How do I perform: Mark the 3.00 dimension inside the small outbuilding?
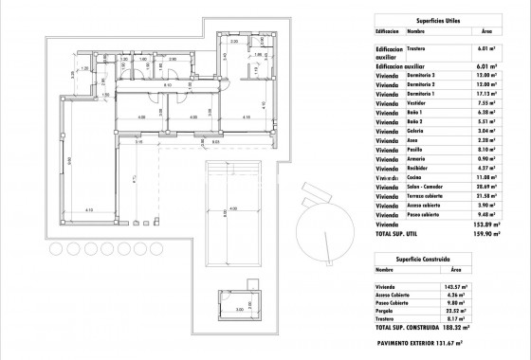pos(240,308)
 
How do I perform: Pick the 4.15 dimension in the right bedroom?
pos(245,117)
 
